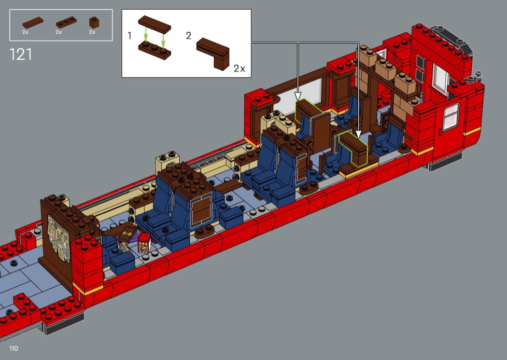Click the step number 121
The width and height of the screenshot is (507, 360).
(x=21, y=55)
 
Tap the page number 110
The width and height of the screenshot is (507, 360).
(x=14, y=348)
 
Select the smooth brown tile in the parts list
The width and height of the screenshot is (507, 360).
(x=33, y=22)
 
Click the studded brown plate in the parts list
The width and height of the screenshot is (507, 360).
(x=66, y=22)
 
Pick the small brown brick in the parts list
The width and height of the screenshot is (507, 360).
(x=94, y=22)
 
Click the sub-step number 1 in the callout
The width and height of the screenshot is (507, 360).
(x=130, y=36)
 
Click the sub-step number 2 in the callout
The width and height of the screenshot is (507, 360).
(x=188, y=36)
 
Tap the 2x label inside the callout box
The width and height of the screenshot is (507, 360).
(x=239, y=69)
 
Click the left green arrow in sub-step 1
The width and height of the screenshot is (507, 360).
(x=146, y=35)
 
